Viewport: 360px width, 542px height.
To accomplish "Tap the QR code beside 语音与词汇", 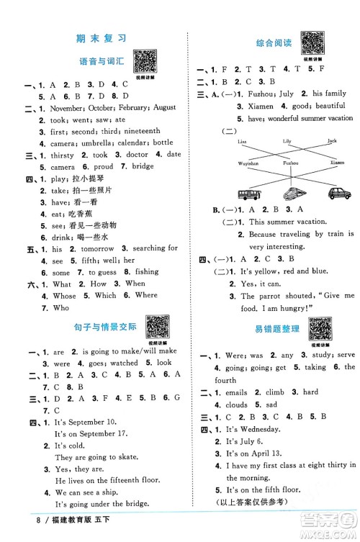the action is click(145, 61).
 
